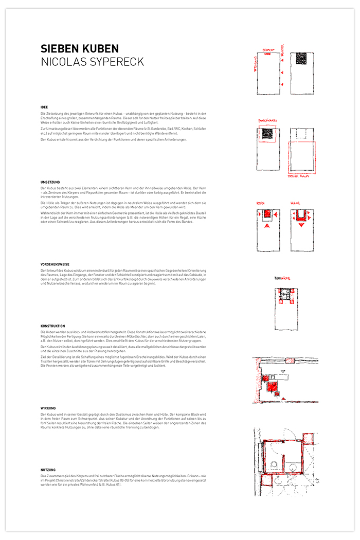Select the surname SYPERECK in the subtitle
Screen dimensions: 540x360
pyautogui.click(x=114, y=62)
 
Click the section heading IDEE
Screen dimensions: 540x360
pyautogui.click(x=44, y=107)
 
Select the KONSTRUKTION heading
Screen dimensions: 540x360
pyautogui.click(x=52, y=327)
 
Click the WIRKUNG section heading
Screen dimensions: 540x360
pyautogui.click(x=48, y=408)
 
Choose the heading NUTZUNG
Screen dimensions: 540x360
pyautogui.click(x=48, y=470)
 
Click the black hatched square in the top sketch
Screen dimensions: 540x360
pyautogui.click(x=300, y=59)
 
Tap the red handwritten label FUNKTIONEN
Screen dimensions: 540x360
pyautogui.click(x=267, y=121)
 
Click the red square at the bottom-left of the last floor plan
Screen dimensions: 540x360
pyautogui.click(x=266, y=481)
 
